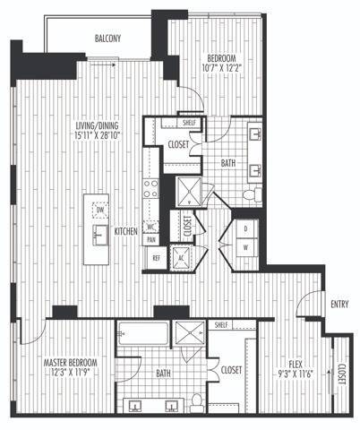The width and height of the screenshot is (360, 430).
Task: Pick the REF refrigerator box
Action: (x=156, y=258)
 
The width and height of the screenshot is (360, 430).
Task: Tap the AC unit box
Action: (x=183, y=257)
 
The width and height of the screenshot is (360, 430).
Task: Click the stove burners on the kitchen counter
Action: (x=152, y=188)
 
